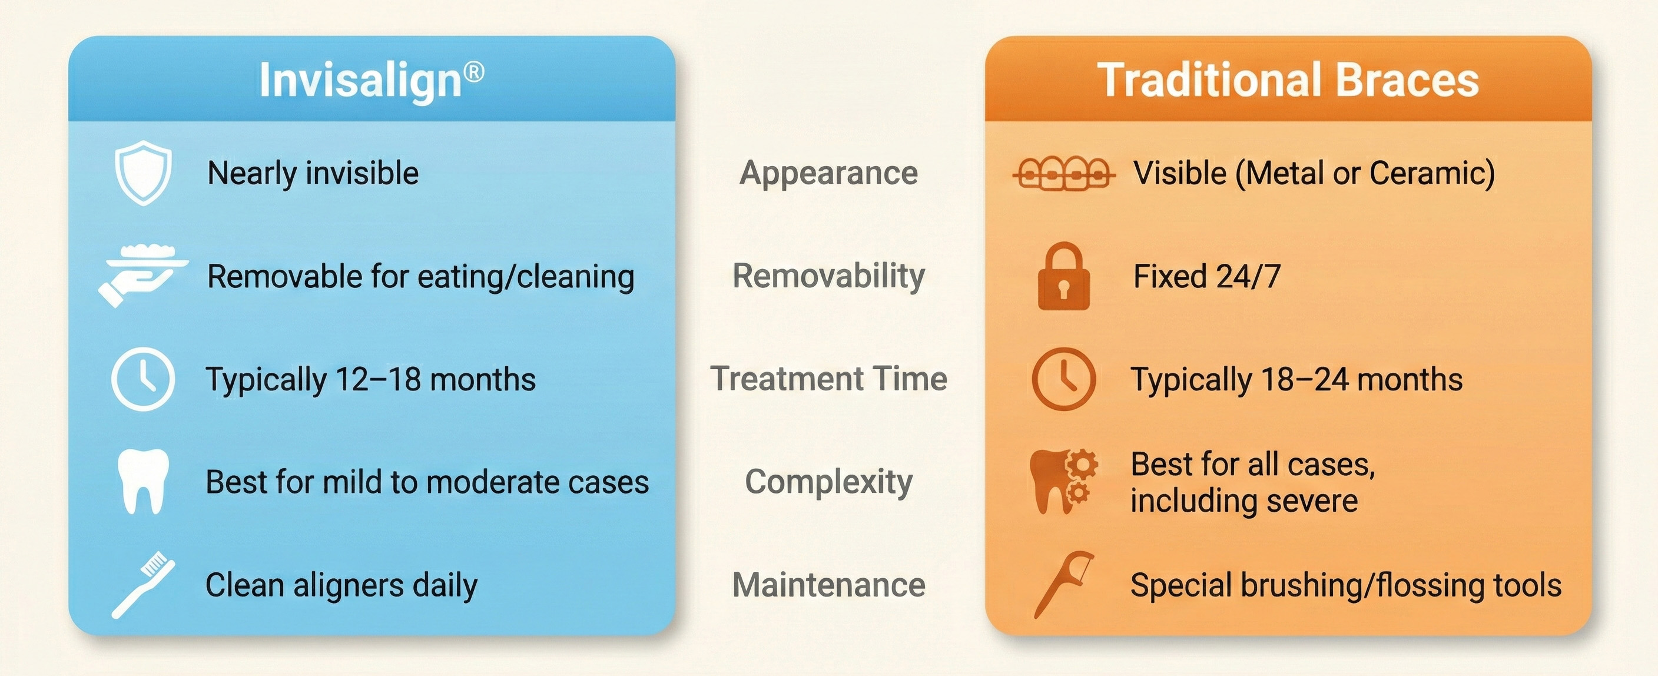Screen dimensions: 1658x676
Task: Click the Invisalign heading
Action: point(372,81)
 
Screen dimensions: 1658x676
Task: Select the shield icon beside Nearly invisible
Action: point(143,173)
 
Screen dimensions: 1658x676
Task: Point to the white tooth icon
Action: point(143,482)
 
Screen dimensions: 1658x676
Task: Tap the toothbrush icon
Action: point(143,585)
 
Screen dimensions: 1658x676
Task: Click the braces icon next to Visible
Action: point(1063,173)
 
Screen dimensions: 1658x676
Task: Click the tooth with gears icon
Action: point(1063,482)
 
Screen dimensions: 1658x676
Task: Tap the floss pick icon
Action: point(1063,585)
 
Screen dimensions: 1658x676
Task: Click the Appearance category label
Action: point(829,173)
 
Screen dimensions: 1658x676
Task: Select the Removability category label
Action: point(829,276)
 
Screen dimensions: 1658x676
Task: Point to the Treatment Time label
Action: point(829,379)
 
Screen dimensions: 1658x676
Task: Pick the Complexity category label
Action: point(829,482)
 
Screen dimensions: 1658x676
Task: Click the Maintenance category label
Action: point(829,585)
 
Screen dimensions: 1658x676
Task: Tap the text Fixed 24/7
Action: point(1207,276)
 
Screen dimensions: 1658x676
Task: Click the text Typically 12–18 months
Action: point(371,379)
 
